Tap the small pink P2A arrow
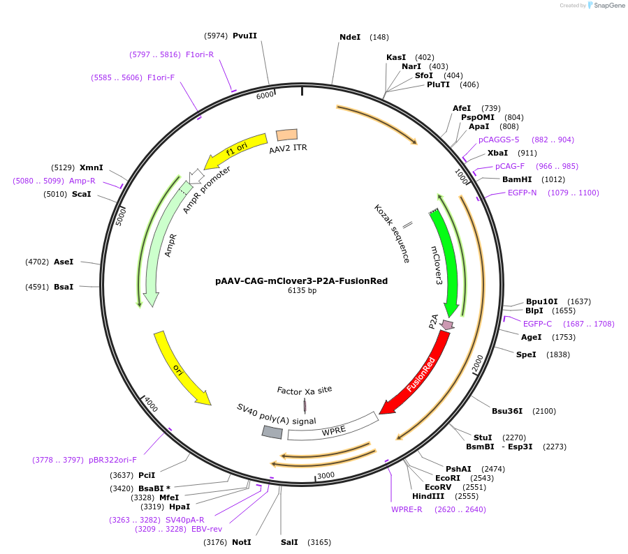446,325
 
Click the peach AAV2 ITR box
287,135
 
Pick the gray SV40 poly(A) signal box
272,432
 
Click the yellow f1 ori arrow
236,151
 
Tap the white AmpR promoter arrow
196,176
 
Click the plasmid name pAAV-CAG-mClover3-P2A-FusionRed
301,280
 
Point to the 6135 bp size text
302,290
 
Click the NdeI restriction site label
350,37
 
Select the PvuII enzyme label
244,36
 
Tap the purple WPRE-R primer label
407,509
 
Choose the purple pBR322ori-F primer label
112,460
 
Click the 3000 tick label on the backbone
326,475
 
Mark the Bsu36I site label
507,411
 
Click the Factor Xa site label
305,391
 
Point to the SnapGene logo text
608,5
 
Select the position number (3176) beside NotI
215,542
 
